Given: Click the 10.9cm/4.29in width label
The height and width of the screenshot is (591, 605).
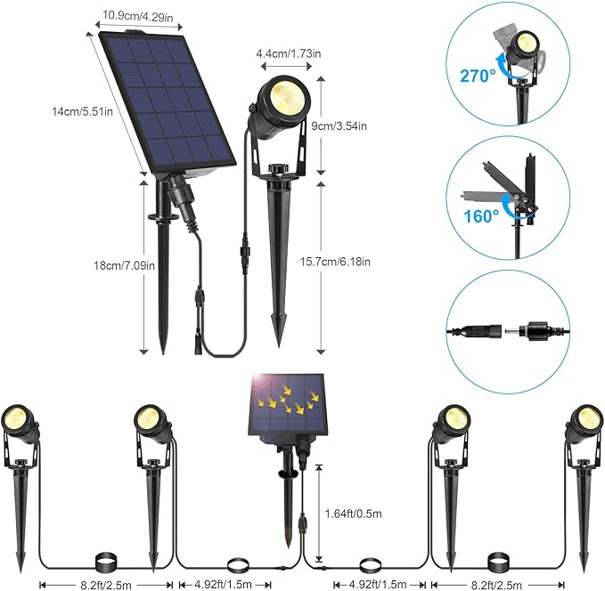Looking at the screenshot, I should [x=136, y=14].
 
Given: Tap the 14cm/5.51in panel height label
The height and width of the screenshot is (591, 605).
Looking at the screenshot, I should [x=79, y=111].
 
